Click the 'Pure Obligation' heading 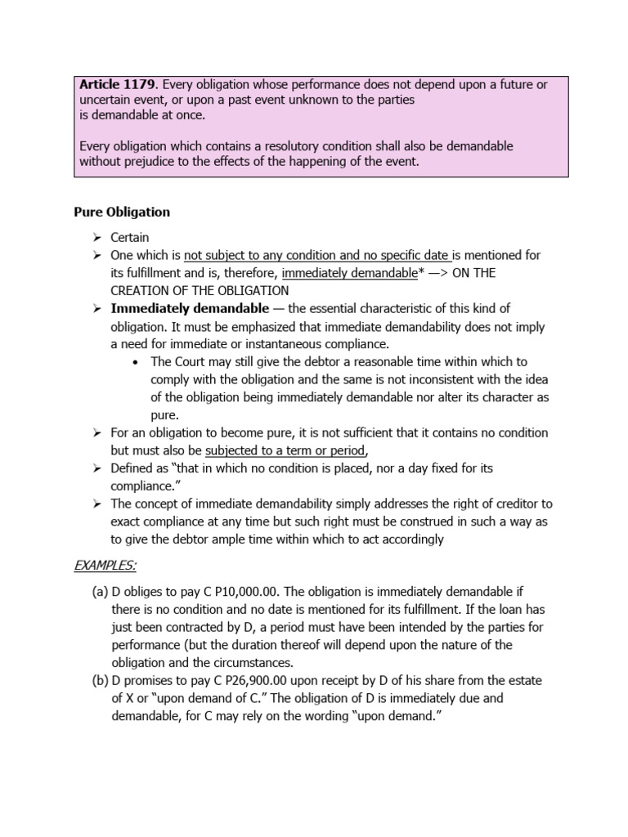click(122, 212)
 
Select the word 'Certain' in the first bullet click(130, 237)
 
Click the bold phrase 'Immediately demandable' click(189, 308)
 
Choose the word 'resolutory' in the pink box click(249, 146)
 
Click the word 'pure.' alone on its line click(164, 415)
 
